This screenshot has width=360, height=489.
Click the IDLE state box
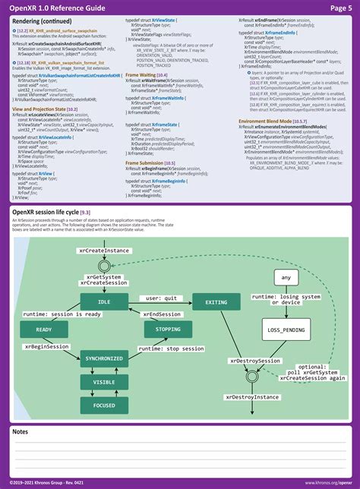coord(104,302)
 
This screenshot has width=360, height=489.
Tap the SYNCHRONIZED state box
coord(104,358)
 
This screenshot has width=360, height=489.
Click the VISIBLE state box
coord(104,382)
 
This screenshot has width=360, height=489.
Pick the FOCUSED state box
coord(104,406)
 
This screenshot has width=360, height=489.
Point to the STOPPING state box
coord(168,330)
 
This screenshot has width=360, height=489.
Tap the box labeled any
coord(286,278)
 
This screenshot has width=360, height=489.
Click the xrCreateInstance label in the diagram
coord(104,250)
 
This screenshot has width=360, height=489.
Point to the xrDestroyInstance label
coord(253,396)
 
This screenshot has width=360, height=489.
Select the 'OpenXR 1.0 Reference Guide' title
coord(56,8)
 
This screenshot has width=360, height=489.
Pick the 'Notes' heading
coord(22,431)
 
